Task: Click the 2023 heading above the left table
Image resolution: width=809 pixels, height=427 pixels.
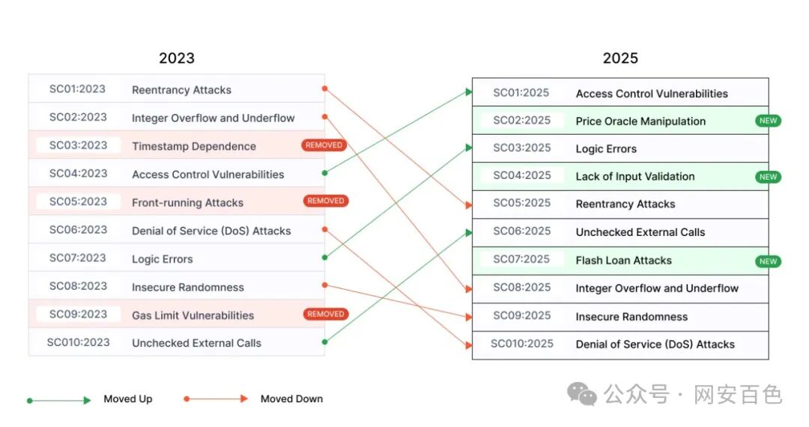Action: point(176,58)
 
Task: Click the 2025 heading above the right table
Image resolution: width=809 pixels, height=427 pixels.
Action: point(620,58)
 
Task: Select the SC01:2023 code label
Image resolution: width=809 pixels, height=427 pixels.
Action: point(78,89)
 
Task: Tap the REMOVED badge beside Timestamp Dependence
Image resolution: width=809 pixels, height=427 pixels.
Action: point(324,145)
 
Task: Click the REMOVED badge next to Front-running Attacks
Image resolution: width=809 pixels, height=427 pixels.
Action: point(326,201)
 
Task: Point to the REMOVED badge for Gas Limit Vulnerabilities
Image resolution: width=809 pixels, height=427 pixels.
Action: point(326,314)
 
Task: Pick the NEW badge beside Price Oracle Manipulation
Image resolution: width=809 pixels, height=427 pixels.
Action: point(769,121)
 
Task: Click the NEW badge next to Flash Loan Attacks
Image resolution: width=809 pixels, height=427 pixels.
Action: point(769,261)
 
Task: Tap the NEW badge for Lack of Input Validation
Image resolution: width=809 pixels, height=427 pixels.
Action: point(769,177)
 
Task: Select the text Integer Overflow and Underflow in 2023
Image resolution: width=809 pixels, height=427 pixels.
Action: point(213,118)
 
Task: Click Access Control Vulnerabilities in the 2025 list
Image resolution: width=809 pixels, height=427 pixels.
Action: point(651,94)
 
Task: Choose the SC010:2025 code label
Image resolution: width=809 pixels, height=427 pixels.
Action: point(522,344)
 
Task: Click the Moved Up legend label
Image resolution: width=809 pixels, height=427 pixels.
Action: point(127,399)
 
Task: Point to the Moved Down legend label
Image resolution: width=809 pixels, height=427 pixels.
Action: point(291,399)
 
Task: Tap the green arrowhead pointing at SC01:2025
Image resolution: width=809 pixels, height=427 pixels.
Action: point(468,92)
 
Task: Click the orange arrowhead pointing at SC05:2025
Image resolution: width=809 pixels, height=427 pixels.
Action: point(468,205)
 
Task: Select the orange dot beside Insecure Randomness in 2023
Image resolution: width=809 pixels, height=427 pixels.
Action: point(324,285)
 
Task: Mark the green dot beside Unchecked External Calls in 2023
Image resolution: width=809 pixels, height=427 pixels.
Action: point(324,342)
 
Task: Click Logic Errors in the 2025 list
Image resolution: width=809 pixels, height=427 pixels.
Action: point(606,149)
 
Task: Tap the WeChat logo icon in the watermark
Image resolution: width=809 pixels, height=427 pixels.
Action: point(581,393)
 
